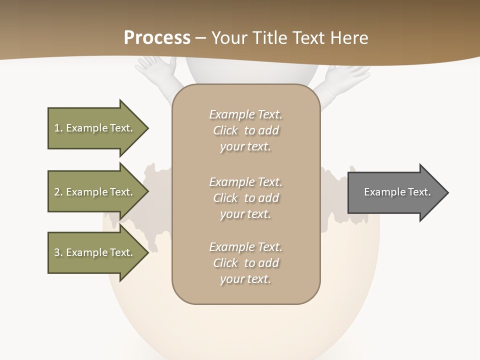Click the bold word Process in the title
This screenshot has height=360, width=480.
point(157,38)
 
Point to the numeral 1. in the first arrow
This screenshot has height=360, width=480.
point(58,128)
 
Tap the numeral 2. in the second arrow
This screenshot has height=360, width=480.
point(58,192)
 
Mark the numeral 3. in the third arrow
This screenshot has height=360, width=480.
point(58,252)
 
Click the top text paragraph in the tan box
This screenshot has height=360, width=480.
point(245,130)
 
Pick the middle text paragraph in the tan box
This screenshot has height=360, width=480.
point(245,198)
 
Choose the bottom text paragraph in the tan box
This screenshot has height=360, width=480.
point(245,263)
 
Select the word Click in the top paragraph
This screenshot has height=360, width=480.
point(225,130)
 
